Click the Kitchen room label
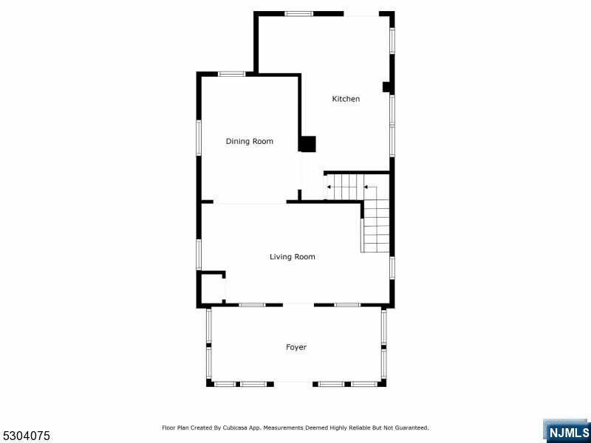[x=346, y=99]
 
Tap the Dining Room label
[x=250, y=141]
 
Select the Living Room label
[x=292, y=256]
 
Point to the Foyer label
[x=296, y=347]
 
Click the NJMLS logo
[x=567, y=431]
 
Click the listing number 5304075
[x=25, y=436]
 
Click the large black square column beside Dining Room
[x=307, y=144]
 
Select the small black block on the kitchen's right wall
[x=386, y=87]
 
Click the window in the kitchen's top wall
[x=299, y=14]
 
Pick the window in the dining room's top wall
[x=232, y=75]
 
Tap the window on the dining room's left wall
[x=199, y=138]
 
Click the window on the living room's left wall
[x=199, y=254]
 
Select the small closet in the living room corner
[x=213, y=288]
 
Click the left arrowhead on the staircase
[x=329, y=187]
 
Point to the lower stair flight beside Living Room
[x=376, y=230]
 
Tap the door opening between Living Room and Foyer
[x=298, y=305]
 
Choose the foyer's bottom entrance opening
[x=293, y=384]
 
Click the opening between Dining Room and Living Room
[x=250, y=202]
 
